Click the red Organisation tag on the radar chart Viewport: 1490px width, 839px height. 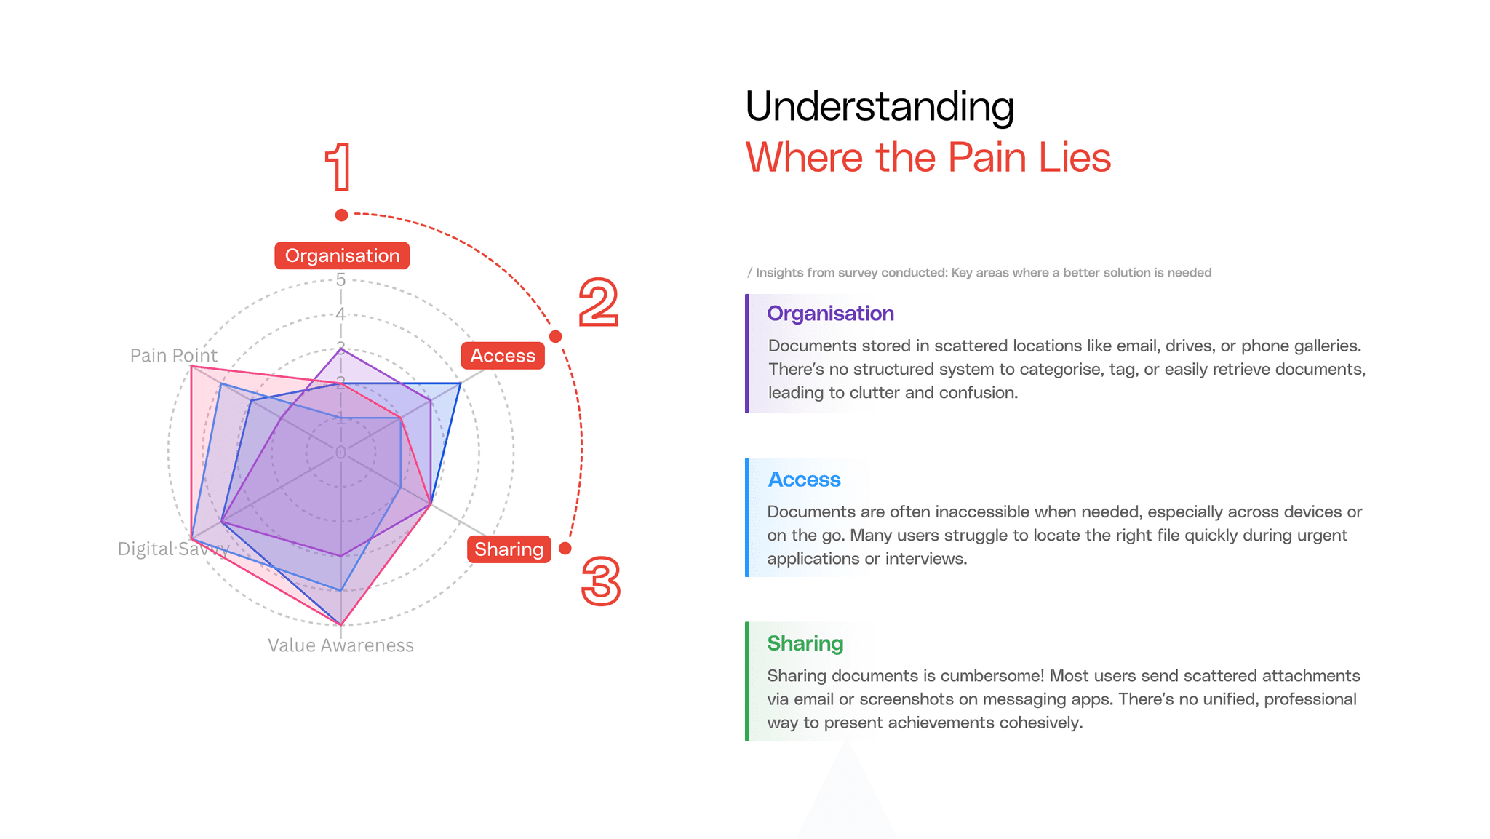tap(342, 255)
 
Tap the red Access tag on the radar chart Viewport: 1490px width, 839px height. tap(503, 356)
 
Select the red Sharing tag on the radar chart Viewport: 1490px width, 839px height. tap(509, 549)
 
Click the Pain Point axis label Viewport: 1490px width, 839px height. tap(173, 355)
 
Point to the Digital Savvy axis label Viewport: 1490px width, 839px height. tap(173, 549)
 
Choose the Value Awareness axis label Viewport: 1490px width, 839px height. tap(340, 645)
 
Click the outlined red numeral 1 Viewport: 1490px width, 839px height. tap(339, 167)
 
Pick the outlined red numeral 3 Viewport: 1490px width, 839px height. tap(601, 581)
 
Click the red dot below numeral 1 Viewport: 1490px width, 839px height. tap(341, 215)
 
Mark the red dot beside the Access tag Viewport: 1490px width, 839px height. tap(556, 336)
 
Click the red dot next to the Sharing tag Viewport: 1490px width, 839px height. tap(565, 548)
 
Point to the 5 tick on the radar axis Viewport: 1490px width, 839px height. tap(340, 279)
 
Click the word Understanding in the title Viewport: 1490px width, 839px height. tap(879, 106)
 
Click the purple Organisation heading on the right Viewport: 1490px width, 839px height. tap(830, 314)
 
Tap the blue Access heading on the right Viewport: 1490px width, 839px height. tap(804, 480)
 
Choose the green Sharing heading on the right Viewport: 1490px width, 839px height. tap(805, 643)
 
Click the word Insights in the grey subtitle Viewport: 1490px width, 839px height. tap(779, 273)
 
